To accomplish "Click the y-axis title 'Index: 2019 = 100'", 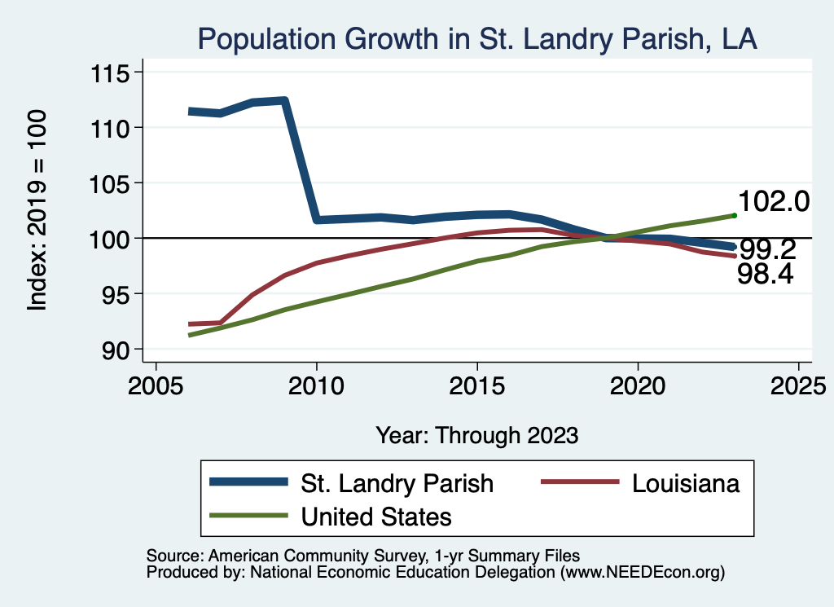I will [37, 210].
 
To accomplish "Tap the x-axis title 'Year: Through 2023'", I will [477, 435].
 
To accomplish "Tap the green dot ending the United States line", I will [734, 215].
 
